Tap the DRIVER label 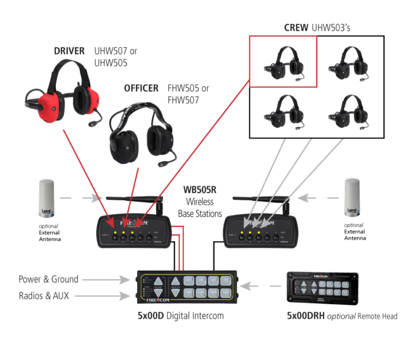click(69, 52)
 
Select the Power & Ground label click(48, 280)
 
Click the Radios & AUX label click(48, 296)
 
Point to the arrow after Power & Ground click(109, 280)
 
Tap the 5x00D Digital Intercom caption click(181, 316)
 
